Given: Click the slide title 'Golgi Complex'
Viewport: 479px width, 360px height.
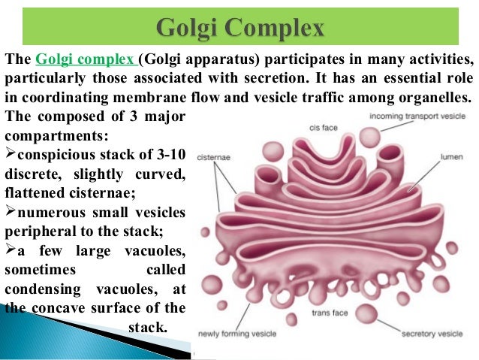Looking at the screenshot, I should [x=239, y=29].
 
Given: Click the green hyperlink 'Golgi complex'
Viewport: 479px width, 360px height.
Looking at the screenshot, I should [x=86, y=59].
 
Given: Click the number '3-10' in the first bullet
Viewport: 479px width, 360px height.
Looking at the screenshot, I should [x=167, y=156].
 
